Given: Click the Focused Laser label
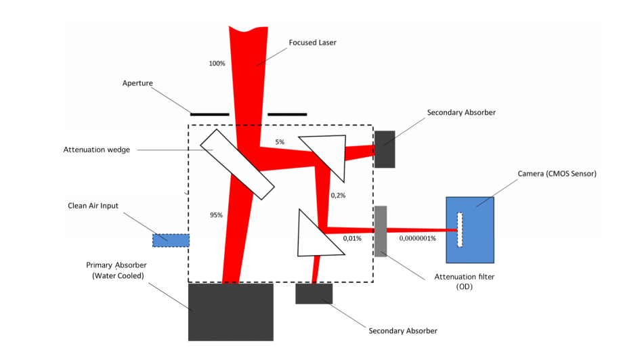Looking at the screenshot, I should (312, 43).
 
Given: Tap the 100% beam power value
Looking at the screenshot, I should (217, 64).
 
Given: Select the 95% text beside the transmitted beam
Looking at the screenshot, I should (217, 215).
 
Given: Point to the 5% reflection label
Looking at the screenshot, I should (280, 142).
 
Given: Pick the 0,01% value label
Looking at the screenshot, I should (352, 238).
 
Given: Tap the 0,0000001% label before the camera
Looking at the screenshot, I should (417, 238).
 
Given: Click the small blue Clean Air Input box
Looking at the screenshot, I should (171, 240).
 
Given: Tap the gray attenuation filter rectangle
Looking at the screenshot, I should (381, 231).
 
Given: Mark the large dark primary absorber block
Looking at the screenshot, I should (230, 311).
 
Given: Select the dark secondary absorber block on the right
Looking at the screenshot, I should (385, 148).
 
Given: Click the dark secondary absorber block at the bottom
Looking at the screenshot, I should (314, 294).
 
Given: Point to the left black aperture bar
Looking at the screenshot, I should (210, 114).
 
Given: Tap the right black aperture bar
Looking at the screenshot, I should (287, 114).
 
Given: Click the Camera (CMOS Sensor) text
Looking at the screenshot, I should (557, 174).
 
